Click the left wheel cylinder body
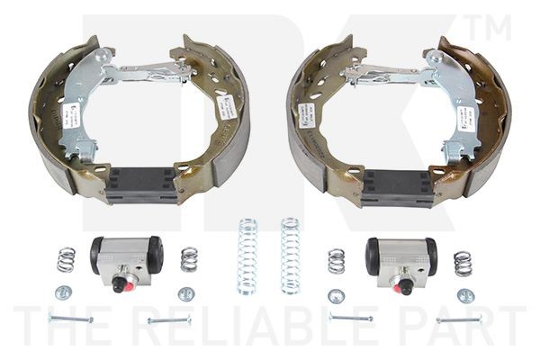[127, 257]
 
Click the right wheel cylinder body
[401, 257]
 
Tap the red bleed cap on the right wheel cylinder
[407, 288]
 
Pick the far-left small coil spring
[66, 260]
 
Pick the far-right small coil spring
[463, 263]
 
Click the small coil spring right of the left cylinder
[189, 259]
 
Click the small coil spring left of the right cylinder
[337, 260]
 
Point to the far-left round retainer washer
[62, 292]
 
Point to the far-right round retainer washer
[465, 294]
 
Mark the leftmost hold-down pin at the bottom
[70, 319]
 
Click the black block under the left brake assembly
[141, 184]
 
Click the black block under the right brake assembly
[397, 185]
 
